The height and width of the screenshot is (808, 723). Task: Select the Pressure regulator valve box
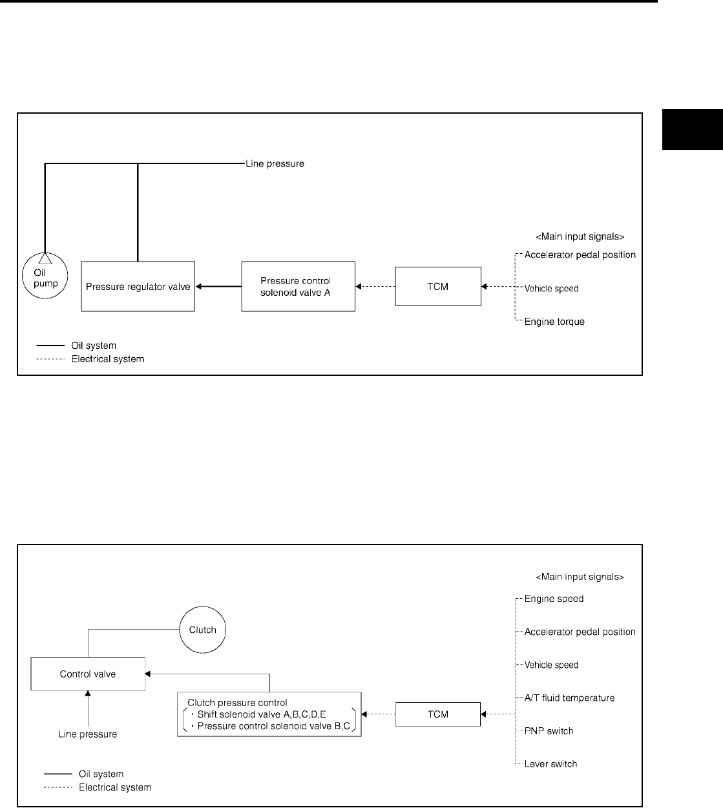tap(138, 286)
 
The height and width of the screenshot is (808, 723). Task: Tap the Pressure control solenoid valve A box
tap(298, 286)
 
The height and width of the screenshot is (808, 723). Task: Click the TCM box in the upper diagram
tap(437, 286)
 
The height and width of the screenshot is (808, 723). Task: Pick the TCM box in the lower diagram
tap(437, 714)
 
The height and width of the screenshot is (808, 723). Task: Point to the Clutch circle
tap(202, 630)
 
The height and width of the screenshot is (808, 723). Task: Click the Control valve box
tap(88, 674)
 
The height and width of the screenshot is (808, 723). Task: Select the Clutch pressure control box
tap(269, 714)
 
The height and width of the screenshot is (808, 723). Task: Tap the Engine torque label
tap(554, 322)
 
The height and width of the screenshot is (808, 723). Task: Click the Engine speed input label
tap(554, 599)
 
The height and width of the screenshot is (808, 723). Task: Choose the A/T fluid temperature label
tap(569, 698)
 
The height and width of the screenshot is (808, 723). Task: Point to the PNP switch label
tap(549, 731)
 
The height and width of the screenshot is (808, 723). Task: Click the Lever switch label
tap(550, 764)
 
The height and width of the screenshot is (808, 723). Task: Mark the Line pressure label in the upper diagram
tap(275, 164)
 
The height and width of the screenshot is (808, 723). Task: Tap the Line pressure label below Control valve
tap(88, 734)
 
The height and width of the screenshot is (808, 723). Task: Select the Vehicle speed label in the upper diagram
tap(551, 289)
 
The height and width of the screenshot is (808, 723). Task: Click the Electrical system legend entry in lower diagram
tap(115, 787)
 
